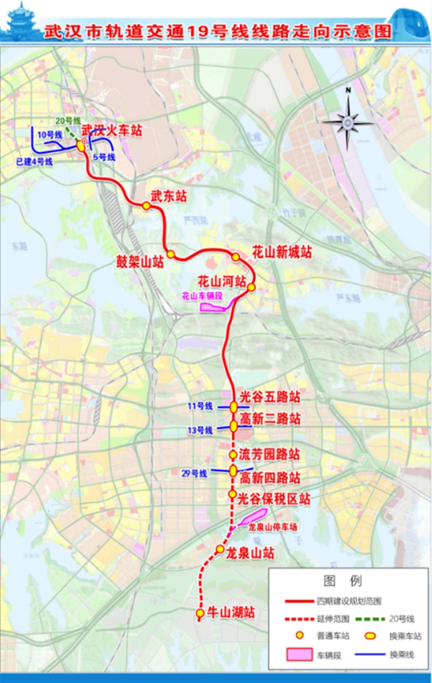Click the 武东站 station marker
[146, 206]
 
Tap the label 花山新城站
[282, 253]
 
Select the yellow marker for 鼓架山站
[171, 254]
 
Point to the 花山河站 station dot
[251, 287]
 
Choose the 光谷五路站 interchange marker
[234, 407]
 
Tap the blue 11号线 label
[200, 406]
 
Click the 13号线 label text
[200, 430]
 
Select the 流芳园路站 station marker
[233, 454]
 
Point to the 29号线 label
[194, 473]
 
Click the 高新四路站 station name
[270, 478]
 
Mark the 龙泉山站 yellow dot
[220, 549]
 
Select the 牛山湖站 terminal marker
[199, 612]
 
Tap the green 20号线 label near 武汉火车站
[68, 121]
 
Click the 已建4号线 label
[35, 162]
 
